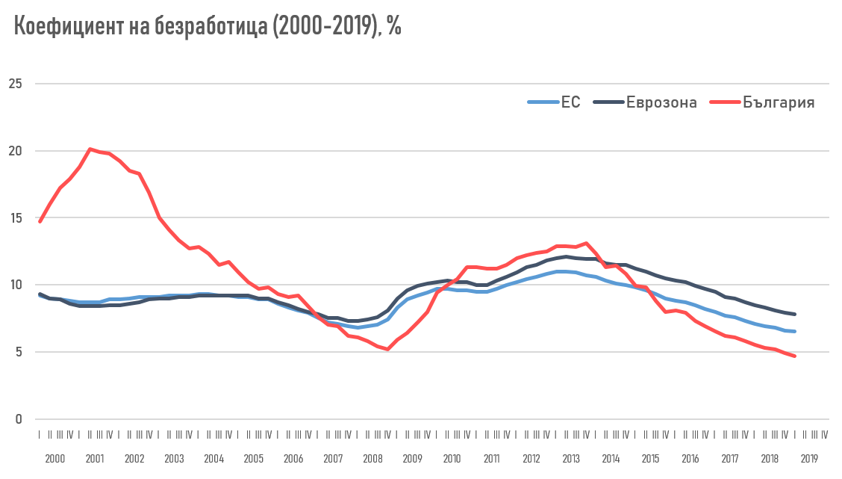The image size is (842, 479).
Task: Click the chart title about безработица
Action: pos(208,26)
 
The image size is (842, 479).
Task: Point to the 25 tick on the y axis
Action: pos(16,84)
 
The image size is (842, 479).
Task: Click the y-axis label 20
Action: pos(16,151)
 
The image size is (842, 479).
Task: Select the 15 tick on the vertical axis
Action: pos(16,218)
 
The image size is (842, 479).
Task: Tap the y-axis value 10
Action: pos(16,285)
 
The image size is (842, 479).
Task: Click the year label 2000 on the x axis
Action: pos(54,459)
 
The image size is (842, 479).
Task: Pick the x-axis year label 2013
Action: pos(570,459)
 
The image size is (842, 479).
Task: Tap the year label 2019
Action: pos(809,459)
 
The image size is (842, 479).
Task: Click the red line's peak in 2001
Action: pos(90,149)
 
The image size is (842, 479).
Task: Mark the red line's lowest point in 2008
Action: pos(387,349)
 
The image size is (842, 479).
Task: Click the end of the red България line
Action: pos(794,356)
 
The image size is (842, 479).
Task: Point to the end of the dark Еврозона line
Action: pos(794,314)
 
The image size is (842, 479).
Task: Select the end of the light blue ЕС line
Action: pos(794,331)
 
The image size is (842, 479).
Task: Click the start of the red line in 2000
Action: pos(40,221)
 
